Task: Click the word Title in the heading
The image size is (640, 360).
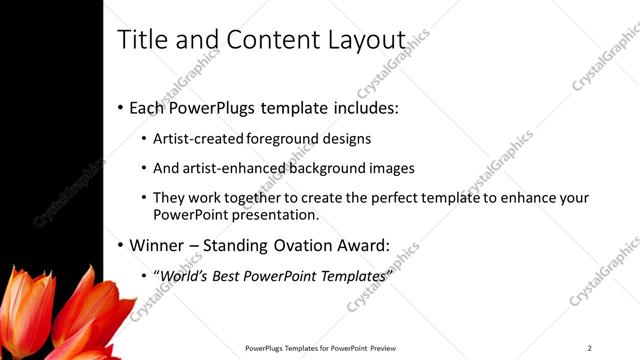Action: (139, 40)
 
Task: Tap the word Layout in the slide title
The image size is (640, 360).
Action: (366, 40)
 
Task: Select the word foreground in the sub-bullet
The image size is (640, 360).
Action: (288, 139)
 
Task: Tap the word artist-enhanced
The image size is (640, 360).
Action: (229, 169)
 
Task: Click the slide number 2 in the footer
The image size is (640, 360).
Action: (589, 348)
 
